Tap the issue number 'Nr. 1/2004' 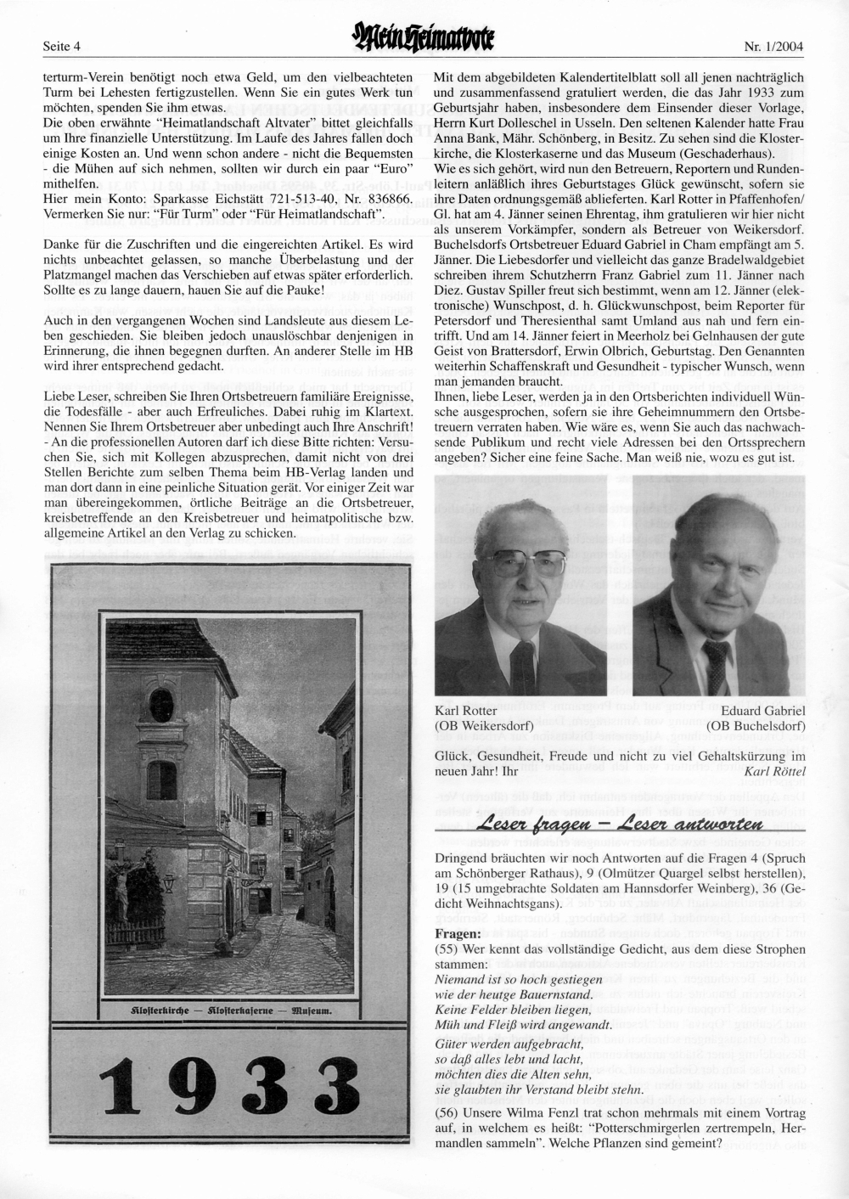[773, 45]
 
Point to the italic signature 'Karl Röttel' [773, 771]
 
